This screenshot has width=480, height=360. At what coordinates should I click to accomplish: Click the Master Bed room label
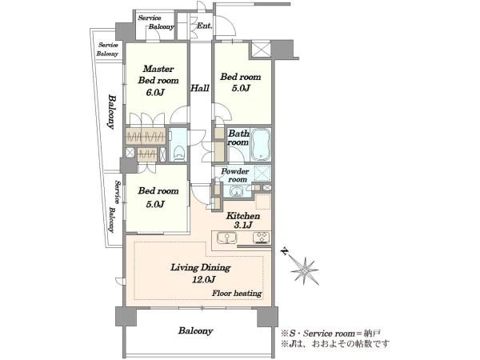point(158,74)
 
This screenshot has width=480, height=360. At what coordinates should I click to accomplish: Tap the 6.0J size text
point(155,92)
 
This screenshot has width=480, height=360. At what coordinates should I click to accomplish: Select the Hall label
point(200,88)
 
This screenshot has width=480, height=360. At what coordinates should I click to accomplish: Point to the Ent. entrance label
point(204,26)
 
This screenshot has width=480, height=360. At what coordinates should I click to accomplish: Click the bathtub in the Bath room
point(261,145)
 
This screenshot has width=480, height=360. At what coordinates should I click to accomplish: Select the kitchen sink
point(226,238)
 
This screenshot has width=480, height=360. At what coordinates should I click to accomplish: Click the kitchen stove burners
point(261,238)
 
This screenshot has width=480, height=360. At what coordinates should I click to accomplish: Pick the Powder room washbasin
point(236,192)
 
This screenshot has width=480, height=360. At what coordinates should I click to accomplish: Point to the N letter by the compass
point(285,251)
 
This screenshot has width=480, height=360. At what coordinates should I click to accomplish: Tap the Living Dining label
point(201,267)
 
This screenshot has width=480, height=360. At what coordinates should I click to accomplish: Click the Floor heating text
point(238,294)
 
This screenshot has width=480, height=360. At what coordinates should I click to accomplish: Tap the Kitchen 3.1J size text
point(243,226)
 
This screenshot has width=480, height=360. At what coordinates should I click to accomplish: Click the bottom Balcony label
point(196,331)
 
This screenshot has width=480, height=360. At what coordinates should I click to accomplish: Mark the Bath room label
point(238,138)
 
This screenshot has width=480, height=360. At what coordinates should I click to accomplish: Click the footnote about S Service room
point(331,333)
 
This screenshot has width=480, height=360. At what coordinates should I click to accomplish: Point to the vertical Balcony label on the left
point(112,112)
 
